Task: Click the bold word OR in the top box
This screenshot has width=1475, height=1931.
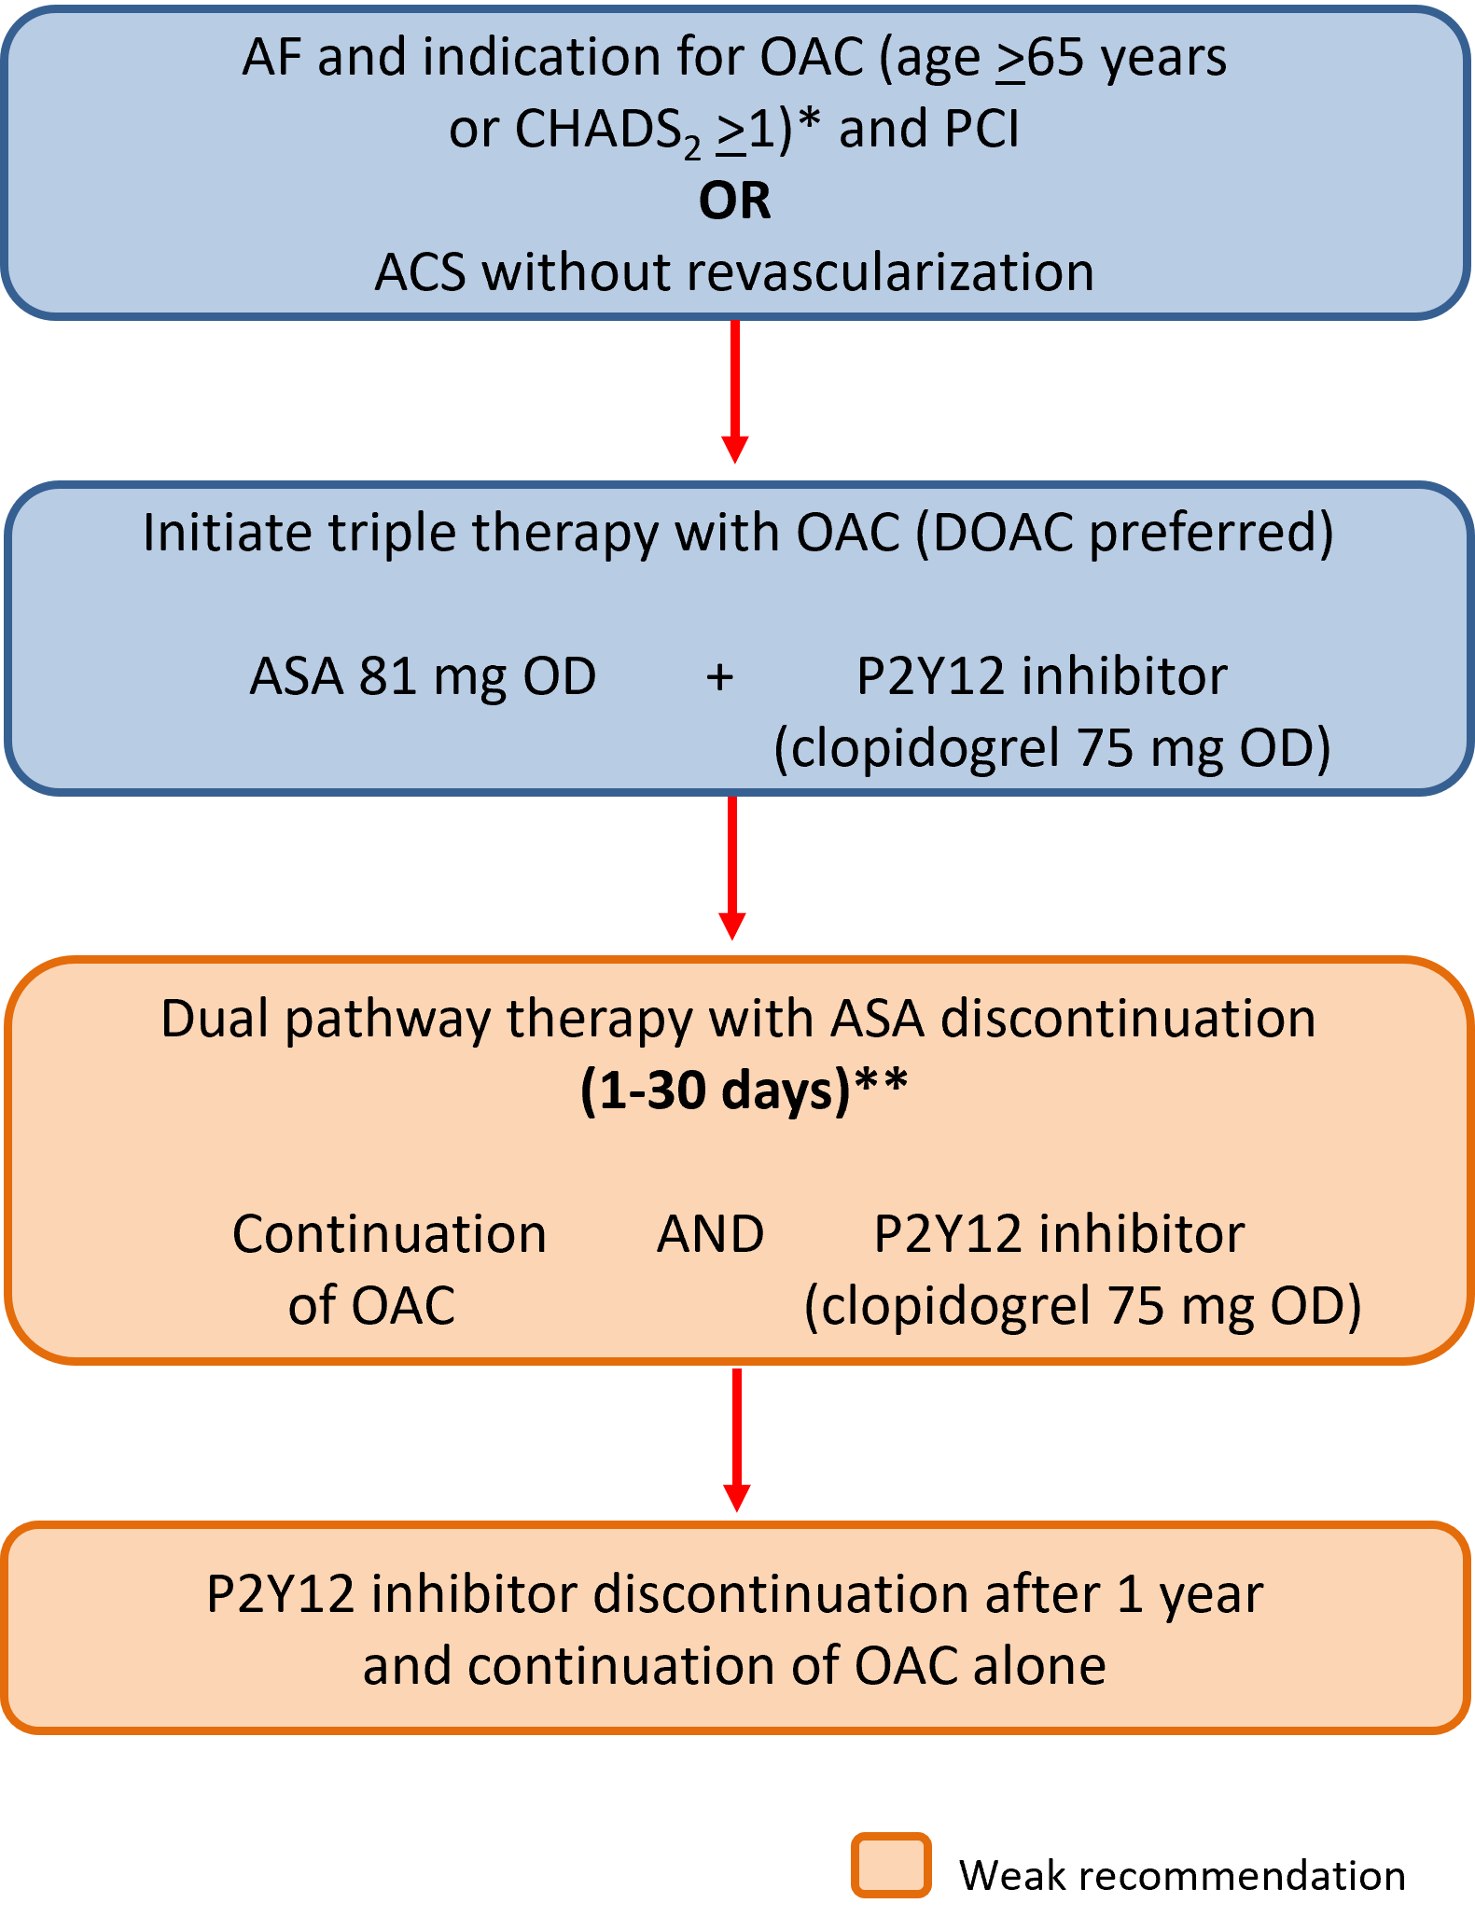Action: click(735, 201)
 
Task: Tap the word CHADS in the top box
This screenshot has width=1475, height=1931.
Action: click(597, 129)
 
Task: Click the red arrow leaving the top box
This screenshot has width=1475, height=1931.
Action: click(735, 392)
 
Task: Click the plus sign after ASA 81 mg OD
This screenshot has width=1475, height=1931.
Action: click(719, 676)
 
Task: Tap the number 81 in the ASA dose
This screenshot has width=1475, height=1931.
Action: click(387, 676)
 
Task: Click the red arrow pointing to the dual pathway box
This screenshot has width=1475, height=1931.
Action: click(732, 868)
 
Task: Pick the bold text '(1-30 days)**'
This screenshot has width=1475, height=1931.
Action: click(744, 1090)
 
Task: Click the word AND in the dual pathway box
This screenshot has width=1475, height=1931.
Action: click(710, 1234)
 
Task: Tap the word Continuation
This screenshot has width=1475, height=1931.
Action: click(389, 1234)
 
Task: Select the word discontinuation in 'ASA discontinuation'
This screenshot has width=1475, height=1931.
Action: click(1128, 1018)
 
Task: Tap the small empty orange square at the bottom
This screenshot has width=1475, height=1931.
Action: click(891, 1865)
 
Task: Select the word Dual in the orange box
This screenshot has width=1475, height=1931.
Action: click(215, 1018)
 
